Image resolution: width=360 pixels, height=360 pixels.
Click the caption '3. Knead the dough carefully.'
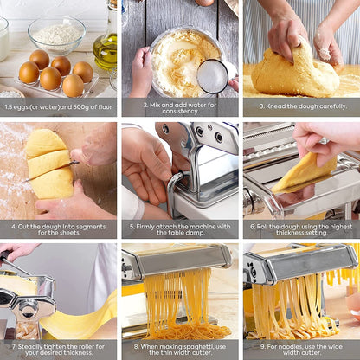(x=300, y=107)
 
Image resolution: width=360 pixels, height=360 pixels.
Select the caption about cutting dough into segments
(x=59, y=228)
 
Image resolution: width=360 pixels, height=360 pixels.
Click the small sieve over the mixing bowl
(x=213, y=76)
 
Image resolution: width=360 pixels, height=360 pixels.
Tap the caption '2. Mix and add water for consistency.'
(x=180, y=107)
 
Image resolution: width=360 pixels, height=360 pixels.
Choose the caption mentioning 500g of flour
(x=59, y=107)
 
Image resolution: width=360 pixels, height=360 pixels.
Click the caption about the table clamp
(x=180, y=228)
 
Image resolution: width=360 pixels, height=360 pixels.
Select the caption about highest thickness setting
(x=300, y=228)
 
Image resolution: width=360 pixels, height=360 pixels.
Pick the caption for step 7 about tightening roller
(x=59, y=349)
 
